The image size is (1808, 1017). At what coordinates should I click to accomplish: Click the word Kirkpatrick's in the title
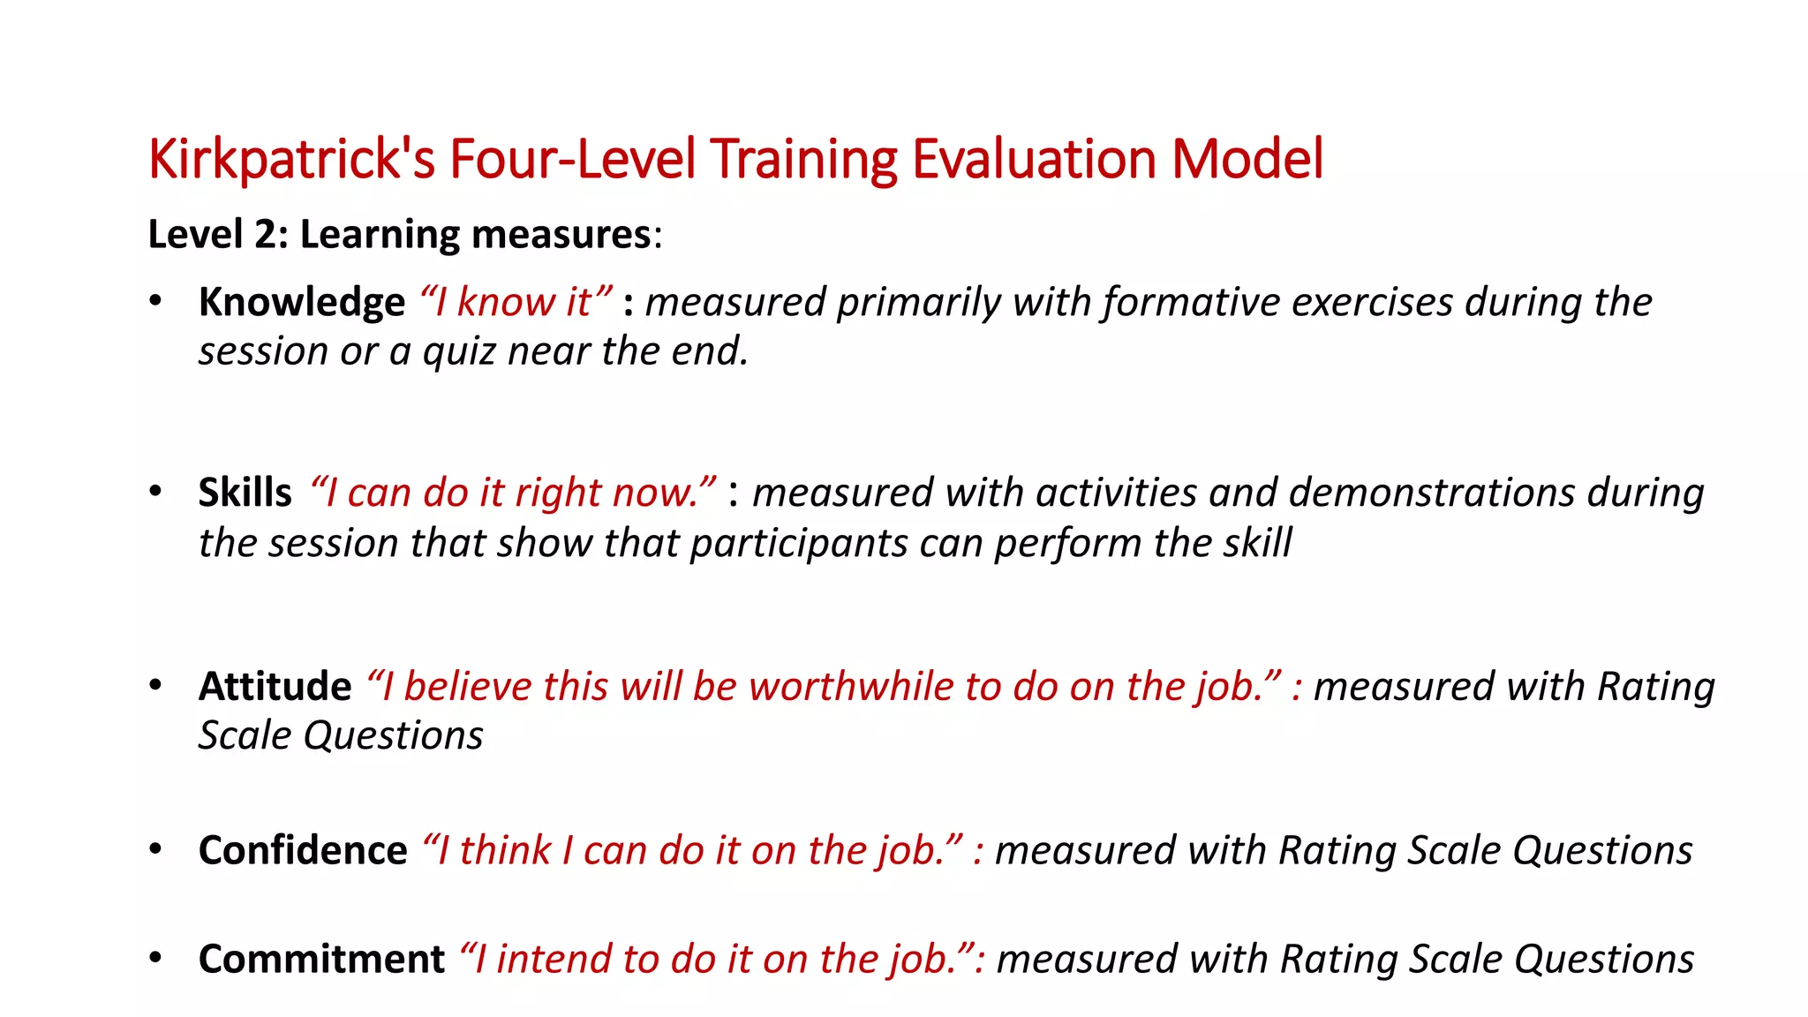(291, 160)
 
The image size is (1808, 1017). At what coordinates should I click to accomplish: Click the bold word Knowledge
(302, 303)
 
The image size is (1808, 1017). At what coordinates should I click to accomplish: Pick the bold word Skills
(245, 493)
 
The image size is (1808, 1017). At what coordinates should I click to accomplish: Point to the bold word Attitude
(275, 687)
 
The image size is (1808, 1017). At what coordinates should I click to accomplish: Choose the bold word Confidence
(303, 851)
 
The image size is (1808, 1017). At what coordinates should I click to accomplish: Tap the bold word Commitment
(321, 960)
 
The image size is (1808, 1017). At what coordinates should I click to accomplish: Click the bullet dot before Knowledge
(155, 301)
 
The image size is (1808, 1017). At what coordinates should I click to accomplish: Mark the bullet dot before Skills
(155, 492)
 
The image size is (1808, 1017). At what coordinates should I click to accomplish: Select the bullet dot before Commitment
(155, 958)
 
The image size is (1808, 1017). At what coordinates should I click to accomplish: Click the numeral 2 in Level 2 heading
(265, 235)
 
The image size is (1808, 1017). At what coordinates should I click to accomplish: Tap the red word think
(504, 851)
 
